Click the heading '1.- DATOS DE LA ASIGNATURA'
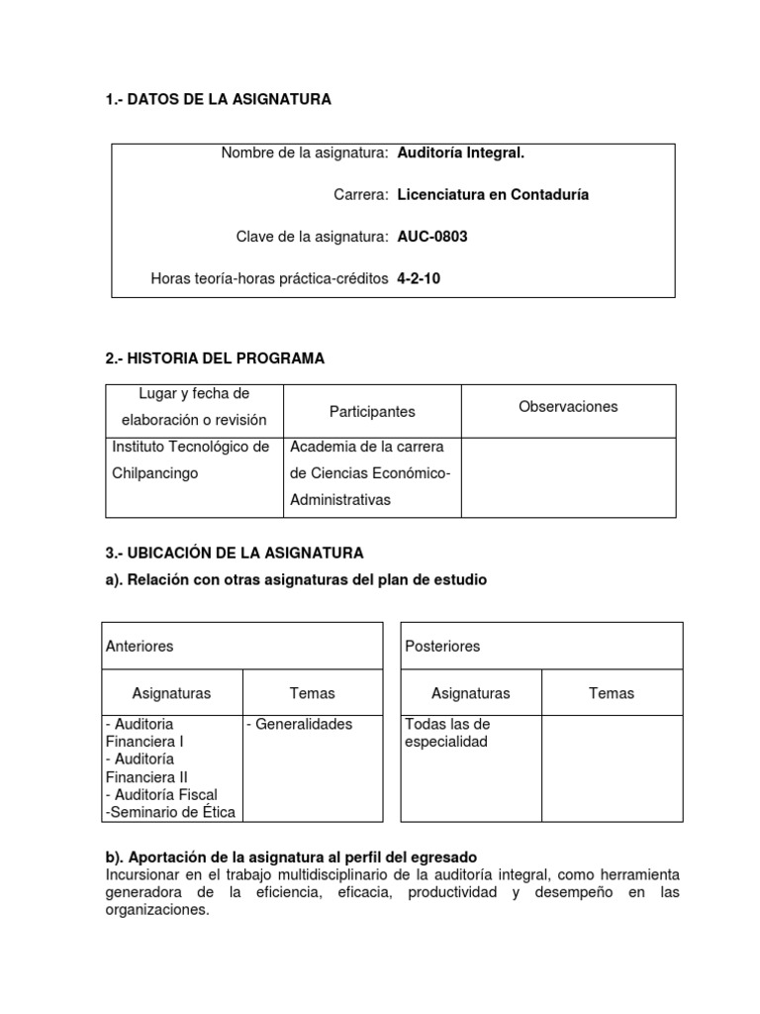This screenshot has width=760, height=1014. pyautogui.click(x=218, y=99)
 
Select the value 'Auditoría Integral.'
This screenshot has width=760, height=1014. pyautogui.click(x=460, y=152)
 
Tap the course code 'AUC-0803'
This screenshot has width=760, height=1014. pyautogui.click(x=431, y=237)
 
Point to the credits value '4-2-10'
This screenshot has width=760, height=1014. pyautogui.click(x=419, y=278)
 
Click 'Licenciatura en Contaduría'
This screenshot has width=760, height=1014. pyautogui.click(x=493, y=195)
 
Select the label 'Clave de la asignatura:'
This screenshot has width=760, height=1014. pyautogui.click(x=312, y=237)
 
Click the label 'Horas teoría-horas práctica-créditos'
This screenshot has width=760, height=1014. pyautogui.click(x=269, y=278)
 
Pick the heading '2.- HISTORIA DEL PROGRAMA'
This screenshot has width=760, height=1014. pyautogui.click(x=215, y=357)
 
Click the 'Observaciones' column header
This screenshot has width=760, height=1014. pyautogui.click(x=568, y=406)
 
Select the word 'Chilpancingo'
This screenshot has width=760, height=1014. pyautogui.click(x=155, y=473)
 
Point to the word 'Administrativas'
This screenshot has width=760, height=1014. pyautogui.click(x=340, y=500)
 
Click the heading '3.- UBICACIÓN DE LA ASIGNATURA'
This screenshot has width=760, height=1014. pyautogui.click(x=235, y=553)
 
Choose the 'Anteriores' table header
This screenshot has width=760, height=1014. pyautogui.click(x=140, y=646)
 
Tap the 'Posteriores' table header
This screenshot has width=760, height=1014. pyautogui.click(x=442, y=646)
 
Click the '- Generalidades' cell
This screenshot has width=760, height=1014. pyautogui.click(x=300, y=724)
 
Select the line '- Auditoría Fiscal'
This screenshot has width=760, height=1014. pyautogui.click(x=161, y=794)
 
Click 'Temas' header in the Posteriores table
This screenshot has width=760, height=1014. pyautogui.click(x=611, y=693)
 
